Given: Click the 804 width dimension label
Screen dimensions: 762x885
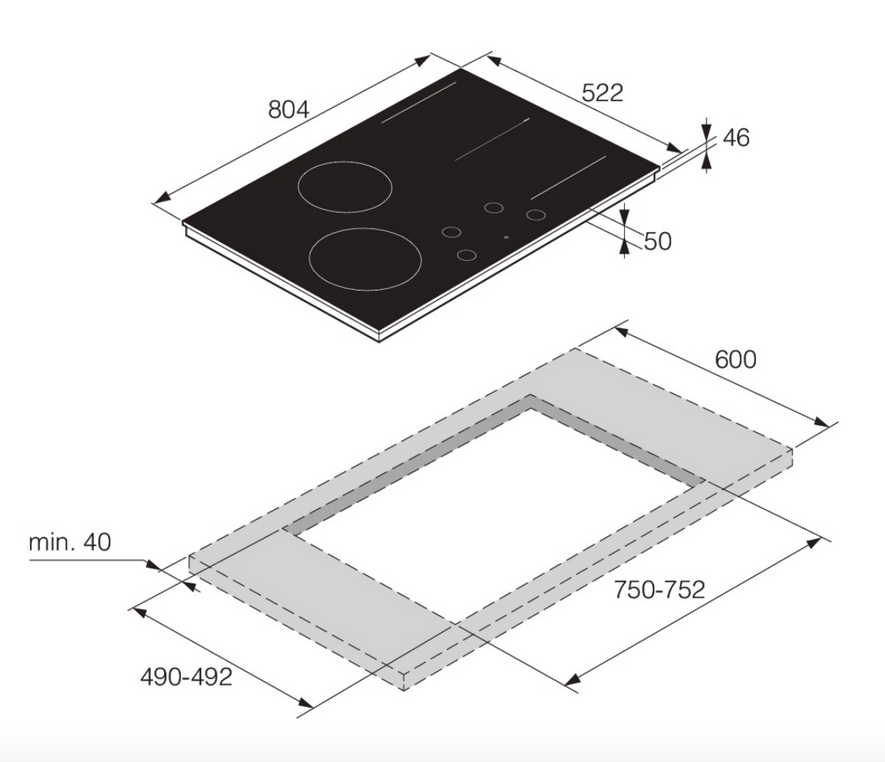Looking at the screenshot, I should coord(289,109).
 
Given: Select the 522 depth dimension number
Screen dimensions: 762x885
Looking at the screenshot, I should coord(602,93).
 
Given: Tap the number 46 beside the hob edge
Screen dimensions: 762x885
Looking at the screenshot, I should coord(736,138).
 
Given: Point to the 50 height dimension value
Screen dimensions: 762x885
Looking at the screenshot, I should coord(658,241).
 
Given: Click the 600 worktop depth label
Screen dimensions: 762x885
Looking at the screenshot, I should coord(735,359).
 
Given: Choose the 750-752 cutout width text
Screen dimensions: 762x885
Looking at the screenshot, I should coord(659,589).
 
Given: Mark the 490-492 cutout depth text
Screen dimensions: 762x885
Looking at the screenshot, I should coord(186,677).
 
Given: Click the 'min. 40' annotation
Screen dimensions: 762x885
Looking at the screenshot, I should coord(70,542).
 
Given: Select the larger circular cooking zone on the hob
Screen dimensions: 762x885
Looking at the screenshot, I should coord(366,259).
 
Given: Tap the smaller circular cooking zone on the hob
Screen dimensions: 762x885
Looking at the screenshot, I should coord(345,187).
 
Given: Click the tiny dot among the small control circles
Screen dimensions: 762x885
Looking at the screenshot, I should coord(506,237).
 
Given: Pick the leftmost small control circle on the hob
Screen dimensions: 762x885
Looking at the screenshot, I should coord(451,233).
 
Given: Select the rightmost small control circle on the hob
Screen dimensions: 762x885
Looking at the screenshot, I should coord(536,214).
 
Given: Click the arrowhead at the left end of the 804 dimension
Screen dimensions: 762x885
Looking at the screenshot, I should coord(163,198).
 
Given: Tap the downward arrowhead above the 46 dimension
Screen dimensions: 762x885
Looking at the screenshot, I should coord(706,132).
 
